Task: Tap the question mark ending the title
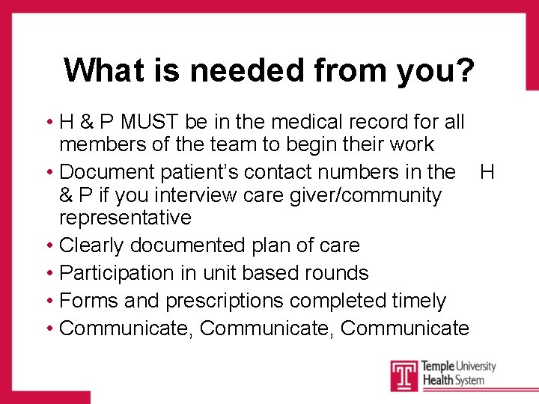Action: click(x=464, y=70)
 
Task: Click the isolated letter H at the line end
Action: click(x=487, y=172)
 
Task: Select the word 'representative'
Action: click(x=125, y=218)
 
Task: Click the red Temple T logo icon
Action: click(x=404, y=374)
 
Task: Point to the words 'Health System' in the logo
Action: click(x=452, y=380)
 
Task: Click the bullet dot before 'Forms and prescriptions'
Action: click(x=48, y=301)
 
